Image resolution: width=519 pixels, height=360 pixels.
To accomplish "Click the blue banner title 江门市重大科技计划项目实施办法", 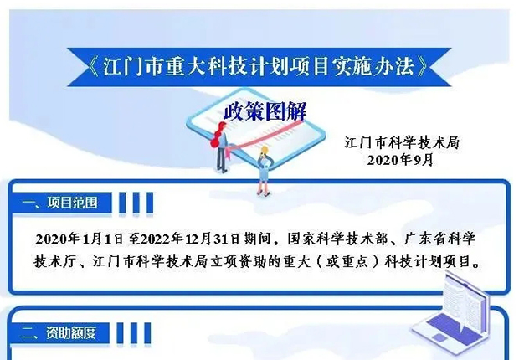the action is (x=259, y=67).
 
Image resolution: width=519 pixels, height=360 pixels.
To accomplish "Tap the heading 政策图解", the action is (x=265, y=111).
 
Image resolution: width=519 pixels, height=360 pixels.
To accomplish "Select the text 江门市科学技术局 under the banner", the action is (x=402, y=142).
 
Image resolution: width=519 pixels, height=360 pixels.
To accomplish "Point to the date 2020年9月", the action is (x=400, y=160).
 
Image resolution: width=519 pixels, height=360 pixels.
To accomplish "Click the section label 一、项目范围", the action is (x=60, y=203).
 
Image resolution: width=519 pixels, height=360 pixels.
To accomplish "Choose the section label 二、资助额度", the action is (x=59, y=332).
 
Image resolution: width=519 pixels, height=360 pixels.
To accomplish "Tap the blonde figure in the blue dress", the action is (x=265, y=170).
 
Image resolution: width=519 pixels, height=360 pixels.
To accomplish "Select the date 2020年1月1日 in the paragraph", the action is (x=80, y=239).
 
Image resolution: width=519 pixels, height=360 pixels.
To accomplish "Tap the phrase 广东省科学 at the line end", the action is (x=439, y=239).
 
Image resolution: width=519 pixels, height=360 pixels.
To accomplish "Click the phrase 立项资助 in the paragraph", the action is (x=237, y=262).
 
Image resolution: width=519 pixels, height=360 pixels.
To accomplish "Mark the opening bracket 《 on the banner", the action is (x=94, y=67).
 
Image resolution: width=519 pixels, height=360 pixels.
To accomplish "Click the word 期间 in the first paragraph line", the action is (x=257, y=239).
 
